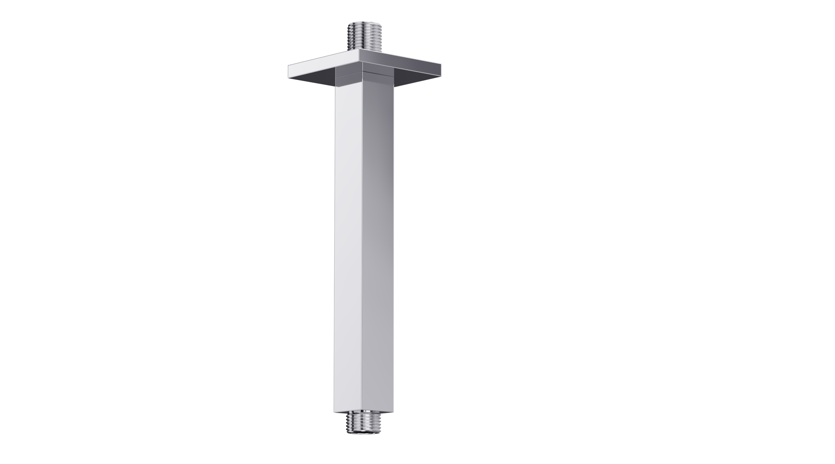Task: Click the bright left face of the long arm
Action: click(348, 245)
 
